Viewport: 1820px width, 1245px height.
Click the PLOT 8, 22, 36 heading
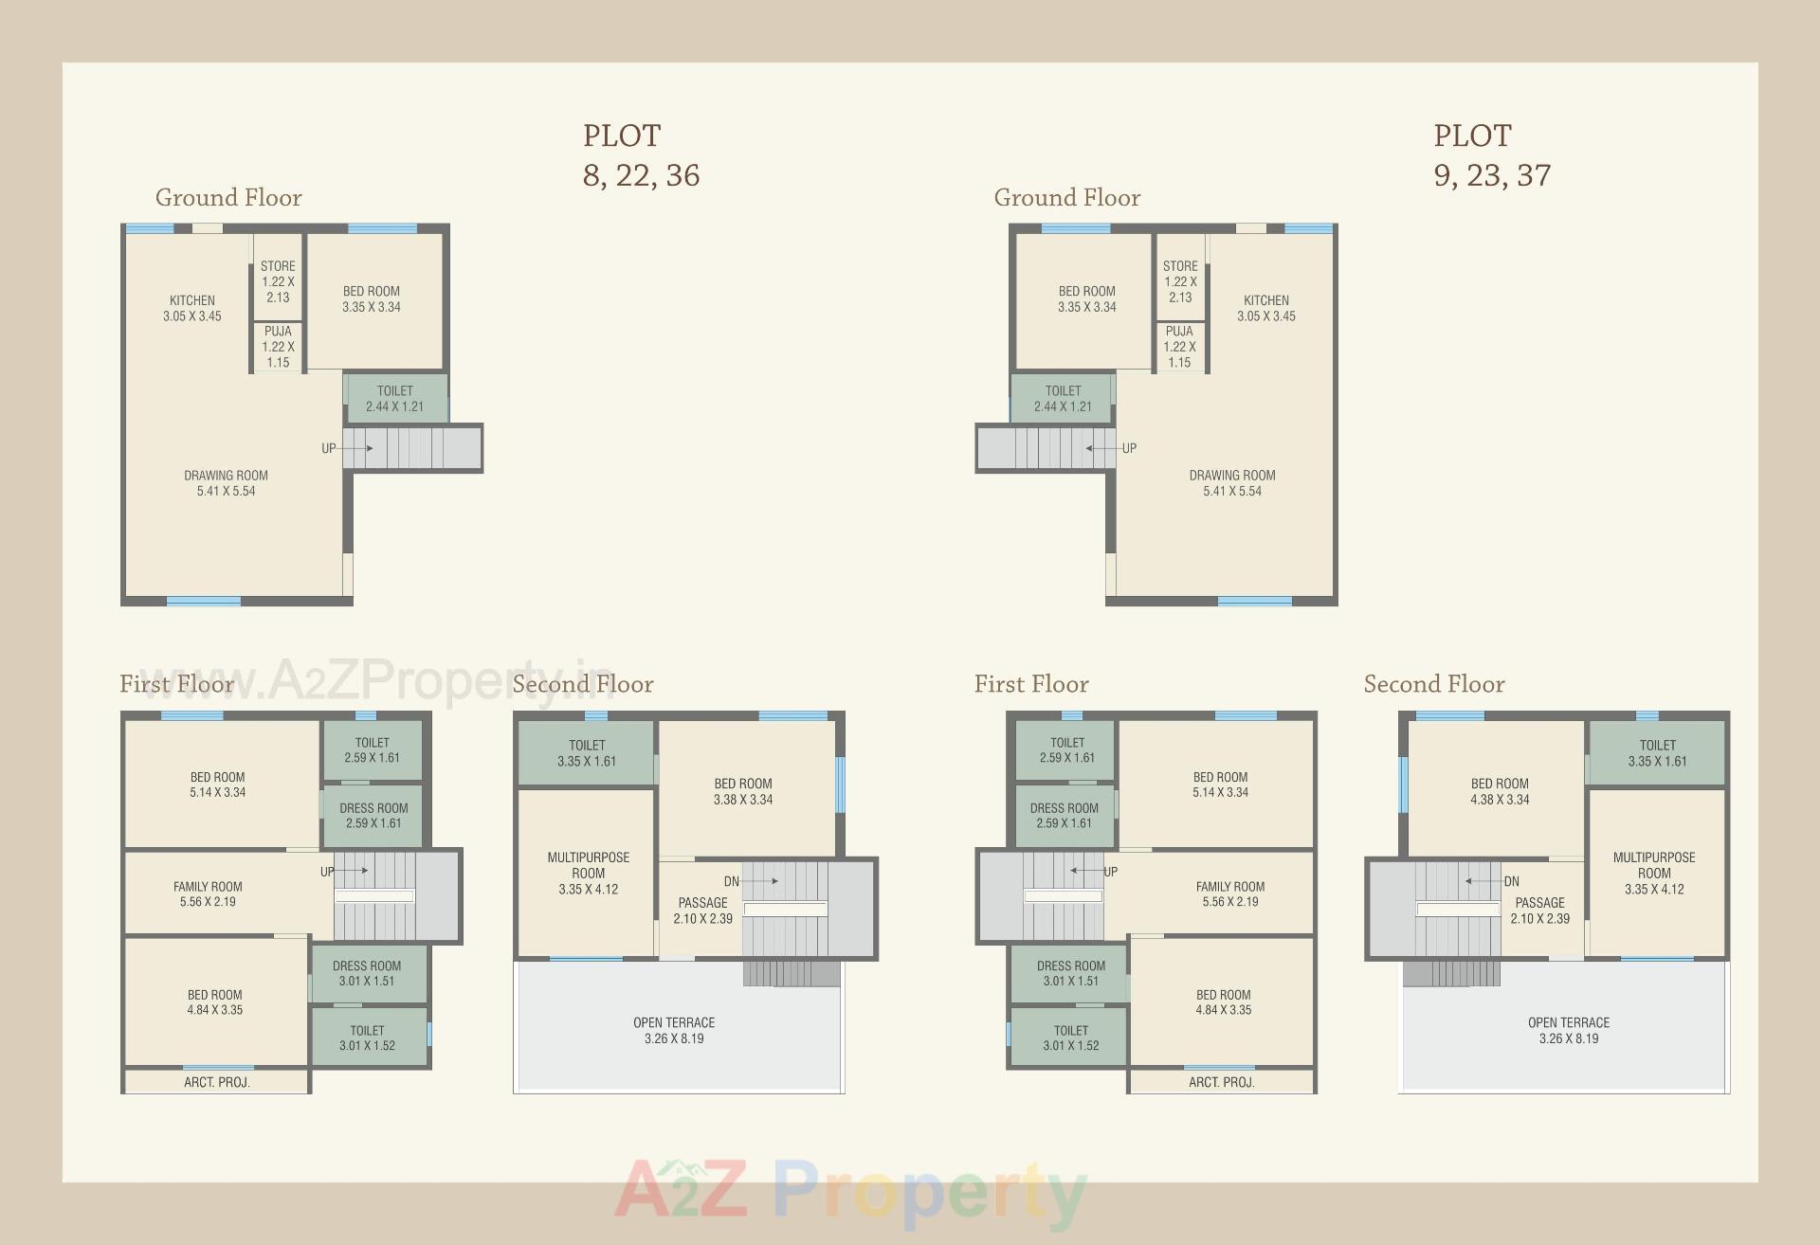pyautogui.click(x=641, y=155)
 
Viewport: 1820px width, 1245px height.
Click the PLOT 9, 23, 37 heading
pyautogui.click(x=1491, y=155)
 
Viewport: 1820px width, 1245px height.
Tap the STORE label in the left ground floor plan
pyautogui.click(x=278, y=266)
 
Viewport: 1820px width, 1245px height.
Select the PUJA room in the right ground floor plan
pyautogui.click(x=1179, y=347)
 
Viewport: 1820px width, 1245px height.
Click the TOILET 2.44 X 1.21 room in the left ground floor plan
pyautogui.click(x=395, y=398)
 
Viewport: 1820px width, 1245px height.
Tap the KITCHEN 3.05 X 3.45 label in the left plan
pyautogui.click(x=191, y=308)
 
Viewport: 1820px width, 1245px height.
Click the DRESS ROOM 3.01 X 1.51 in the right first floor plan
pyautogui.click(x=1071, y=973)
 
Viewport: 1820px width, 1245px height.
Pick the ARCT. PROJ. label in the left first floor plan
pyautogui.click(x=216, y=1082)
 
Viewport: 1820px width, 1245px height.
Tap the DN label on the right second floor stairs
pyautogui.click(x=1511, y=881)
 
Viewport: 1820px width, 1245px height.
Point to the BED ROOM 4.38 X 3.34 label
pyautogui.click(x=1500, y=791)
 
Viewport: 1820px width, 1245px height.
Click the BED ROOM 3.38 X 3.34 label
pyautogui.click(x=743, y=791)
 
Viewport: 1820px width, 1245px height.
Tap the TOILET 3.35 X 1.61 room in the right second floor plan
pyautogui.click(x=1657, y=753)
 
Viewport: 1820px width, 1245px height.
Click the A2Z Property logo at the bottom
pyautogui.click(x=850, y=1192)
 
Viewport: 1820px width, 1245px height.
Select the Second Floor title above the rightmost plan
pyautogui.click(x=1433, y=684)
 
